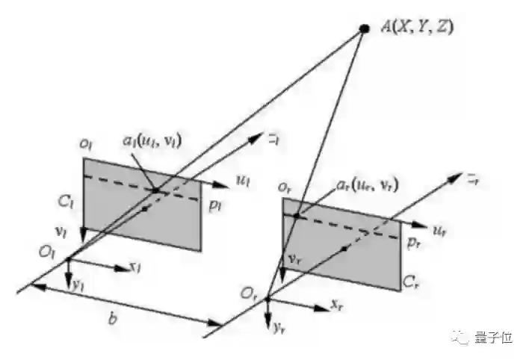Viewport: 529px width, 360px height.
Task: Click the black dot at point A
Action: coord(365,29)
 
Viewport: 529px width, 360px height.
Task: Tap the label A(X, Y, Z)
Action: coord(417,28)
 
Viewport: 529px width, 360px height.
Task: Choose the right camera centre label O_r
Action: coord(247,290)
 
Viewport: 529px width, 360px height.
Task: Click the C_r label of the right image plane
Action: coord(410,281)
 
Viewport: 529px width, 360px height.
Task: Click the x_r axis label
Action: coord(337,305)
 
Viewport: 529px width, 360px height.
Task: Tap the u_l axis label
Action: coord(243,179)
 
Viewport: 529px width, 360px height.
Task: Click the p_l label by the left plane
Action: coord(215,203)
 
